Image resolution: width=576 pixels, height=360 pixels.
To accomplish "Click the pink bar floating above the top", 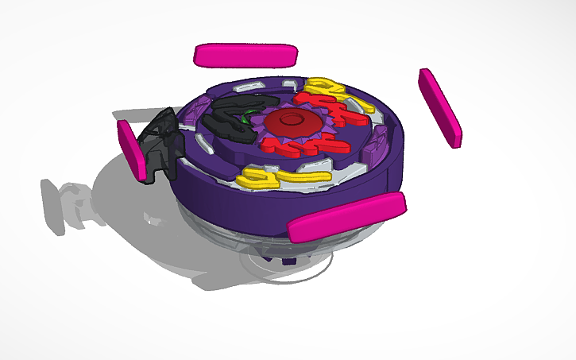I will point(245,55).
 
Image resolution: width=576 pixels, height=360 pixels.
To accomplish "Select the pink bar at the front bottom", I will point(346,217).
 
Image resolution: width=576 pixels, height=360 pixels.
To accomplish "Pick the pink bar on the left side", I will point(132,149).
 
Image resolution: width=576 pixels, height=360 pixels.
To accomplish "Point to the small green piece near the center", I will point(253,118).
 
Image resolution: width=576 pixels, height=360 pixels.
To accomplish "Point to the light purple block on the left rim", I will point(199,107).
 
